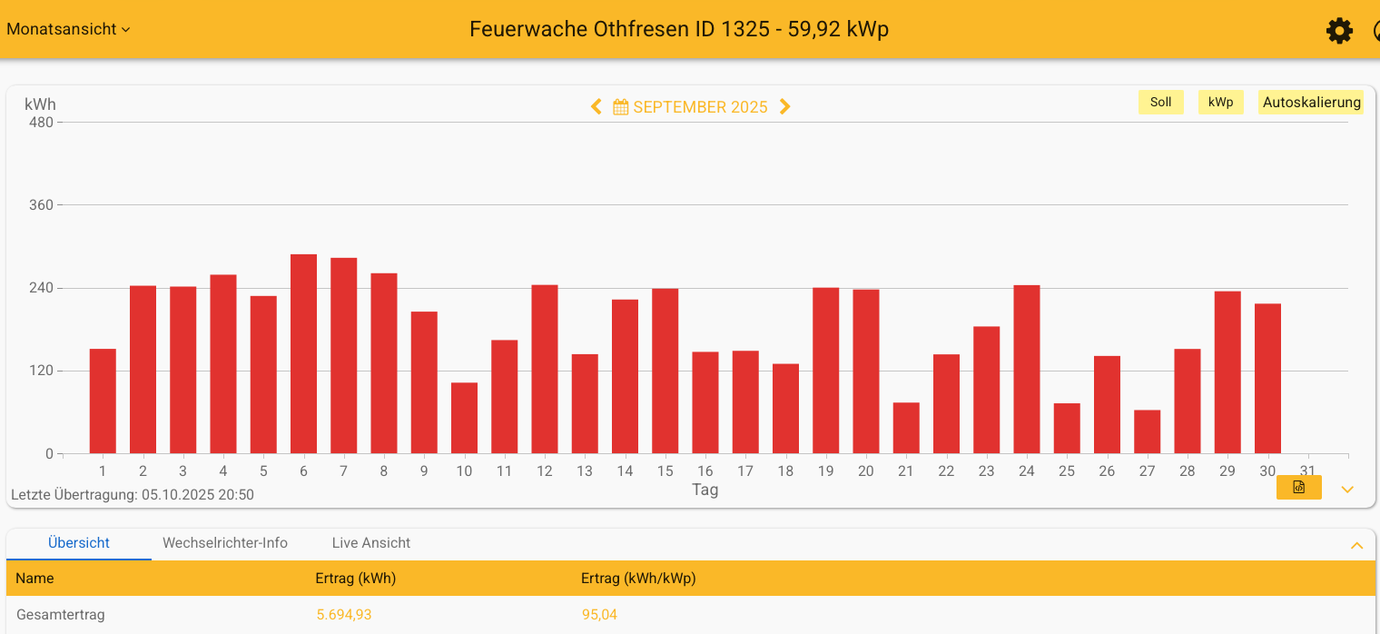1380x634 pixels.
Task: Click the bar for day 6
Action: [303, 354]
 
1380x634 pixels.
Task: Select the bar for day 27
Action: [1147, 432]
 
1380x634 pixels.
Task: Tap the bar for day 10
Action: [464, 419]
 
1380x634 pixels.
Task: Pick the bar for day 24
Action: [1026, 370]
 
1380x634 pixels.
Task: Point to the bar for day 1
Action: [103, 401]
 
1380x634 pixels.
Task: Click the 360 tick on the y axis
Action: [42, 205]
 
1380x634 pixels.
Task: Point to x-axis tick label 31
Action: [1307, 471]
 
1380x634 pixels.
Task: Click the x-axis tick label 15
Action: [665, 471]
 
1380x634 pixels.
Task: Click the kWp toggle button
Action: [1220, 103]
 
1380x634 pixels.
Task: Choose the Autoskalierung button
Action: [1311, 103]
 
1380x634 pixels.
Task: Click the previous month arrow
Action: [596, 107]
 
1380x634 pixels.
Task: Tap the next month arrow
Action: [785, 107]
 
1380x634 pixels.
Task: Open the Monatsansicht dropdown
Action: [68, 29]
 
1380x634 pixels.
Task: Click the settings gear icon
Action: [1339, 31]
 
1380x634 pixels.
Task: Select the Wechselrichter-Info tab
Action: [225, 543]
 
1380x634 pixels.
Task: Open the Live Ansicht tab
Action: [370, 543]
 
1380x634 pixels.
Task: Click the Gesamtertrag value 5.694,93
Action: [343, 615]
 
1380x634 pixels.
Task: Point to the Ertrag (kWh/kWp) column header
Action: [638, 579]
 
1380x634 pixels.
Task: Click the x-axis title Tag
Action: [705, 490]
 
